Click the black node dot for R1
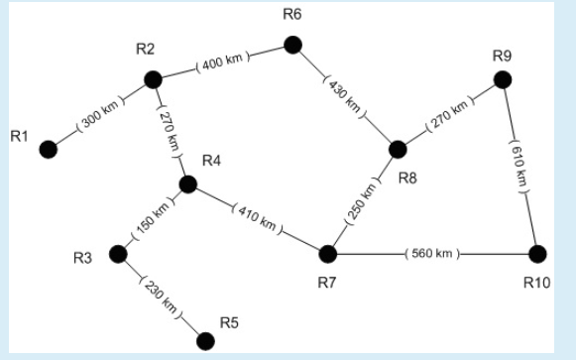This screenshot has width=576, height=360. [x=48, y=150]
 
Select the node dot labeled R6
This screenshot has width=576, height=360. [x=291, y=45]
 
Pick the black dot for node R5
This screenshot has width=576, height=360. [x=205, y=341]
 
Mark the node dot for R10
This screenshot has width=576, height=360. [x=538, y=254]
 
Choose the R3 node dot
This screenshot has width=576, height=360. [x=118, y=254]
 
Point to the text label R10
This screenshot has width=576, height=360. [x=536, y=284]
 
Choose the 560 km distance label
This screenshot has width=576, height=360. [x=432, y=255]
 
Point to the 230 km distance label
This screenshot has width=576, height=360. [x=161, y=297]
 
